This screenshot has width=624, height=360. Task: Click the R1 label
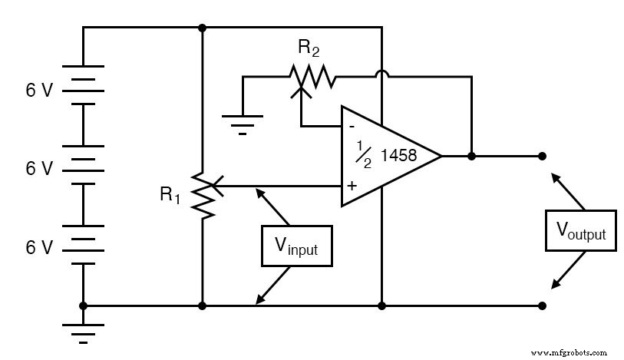(170, 196)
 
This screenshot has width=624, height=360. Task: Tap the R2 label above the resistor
(309, 49)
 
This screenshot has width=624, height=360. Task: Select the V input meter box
(296, 246)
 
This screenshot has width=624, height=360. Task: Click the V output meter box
(580, 230)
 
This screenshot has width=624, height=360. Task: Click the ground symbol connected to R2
(243, 122)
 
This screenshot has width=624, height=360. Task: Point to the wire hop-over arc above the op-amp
(381, 75)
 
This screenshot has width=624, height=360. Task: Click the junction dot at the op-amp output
(471, 156)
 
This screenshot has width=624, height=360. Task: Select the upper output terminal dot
(542, 156)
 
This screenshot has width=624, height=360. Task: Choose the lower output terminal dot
(542, 306)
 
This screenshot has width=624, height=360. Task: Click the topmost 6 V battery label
(39, 91)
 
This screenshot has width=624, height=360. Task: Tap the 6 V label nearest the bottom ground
(39, 247)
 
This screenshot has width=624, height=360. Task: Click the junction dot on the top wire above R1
(202, 28)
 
